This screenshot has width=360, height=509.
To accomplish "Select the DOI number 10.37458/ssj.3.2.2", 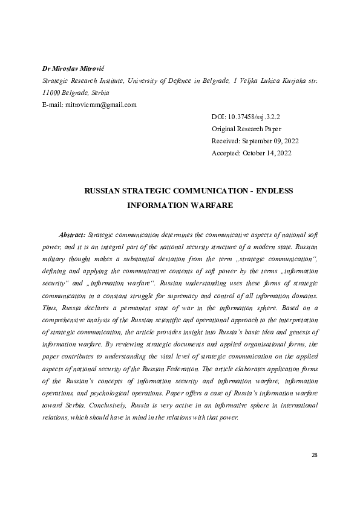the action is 258,117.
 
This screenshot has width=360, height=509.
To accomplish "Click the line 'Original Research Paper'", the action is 246,129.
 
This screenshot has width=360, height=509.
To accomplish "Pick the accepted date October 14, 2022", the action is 269,153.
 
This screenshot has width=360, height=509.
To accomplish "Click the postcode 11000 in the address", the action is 50,92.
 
